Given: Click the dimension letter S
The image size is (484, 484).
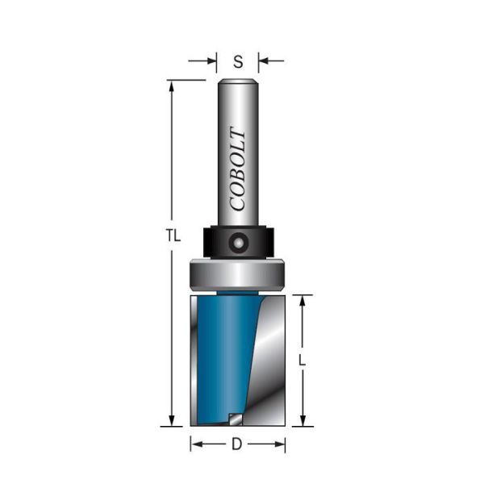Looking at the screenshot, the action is point(238,62).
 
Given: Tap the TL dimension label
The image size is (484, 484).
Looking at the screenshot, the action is point(173,236).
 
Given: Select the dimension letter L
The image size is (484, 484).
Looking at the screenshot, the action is point(302,361).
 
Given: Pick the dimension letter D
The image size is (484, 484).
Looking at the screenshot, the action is point(236,444).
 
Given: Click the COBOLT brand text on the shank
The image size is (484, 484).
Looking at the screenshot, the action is point(238,169).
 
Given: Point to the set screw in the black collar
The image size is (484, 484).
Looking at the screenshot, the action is point(238,243).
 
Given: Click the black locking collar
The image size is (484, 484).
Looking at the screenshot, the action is point(238,242).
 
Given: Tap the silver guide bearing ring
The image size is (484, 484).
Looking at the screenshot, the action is point(237,275).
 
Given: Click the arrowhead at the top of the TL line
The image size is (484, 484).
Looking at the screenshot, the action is point(172,86).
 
